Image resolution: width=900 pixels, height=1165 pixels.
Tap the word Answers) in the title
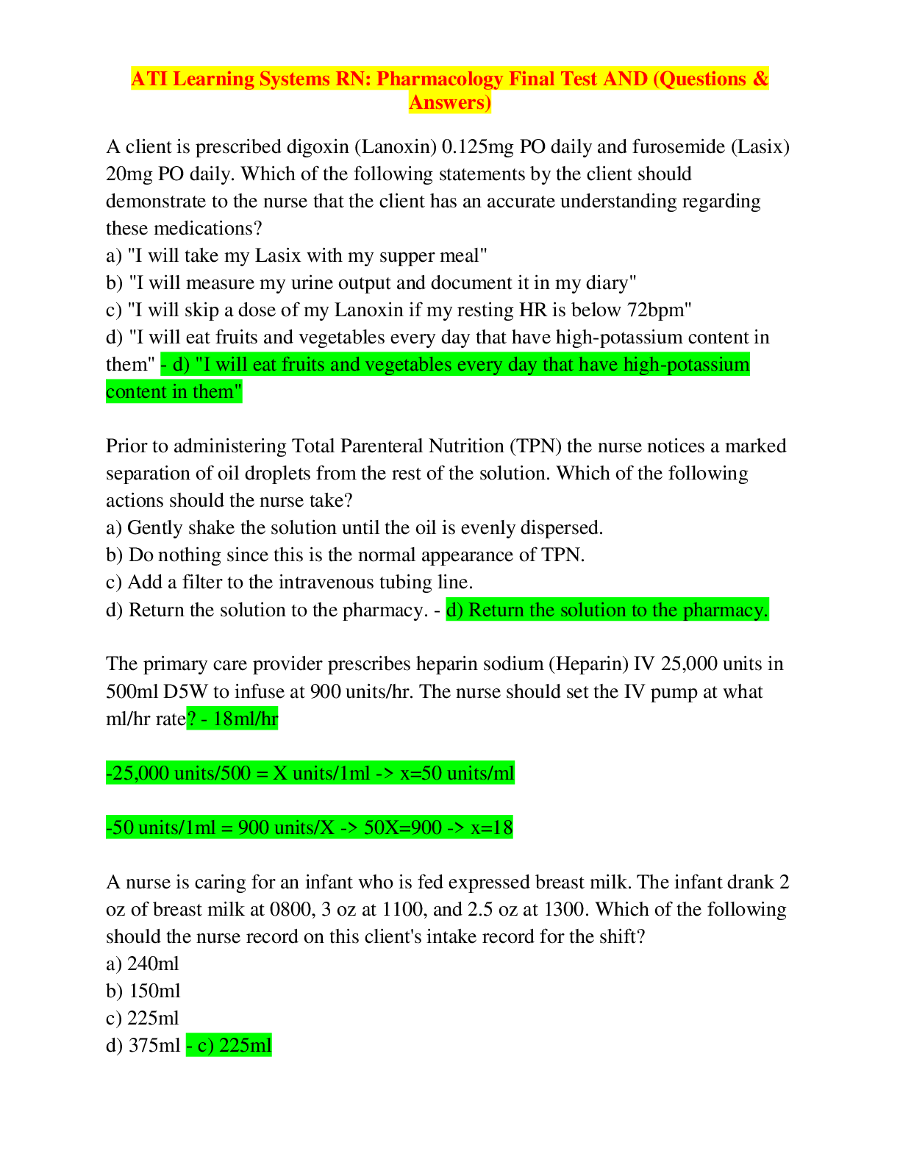[x=450, y=103]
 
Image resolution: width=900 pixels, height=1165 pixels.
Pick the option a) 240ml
[x=142, y=964]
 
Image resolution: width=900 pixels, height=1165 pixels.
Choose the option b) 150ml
[x=143, y=991]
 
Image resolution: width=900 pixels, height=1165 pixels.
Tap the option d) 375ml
[x=143, y=1046]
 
